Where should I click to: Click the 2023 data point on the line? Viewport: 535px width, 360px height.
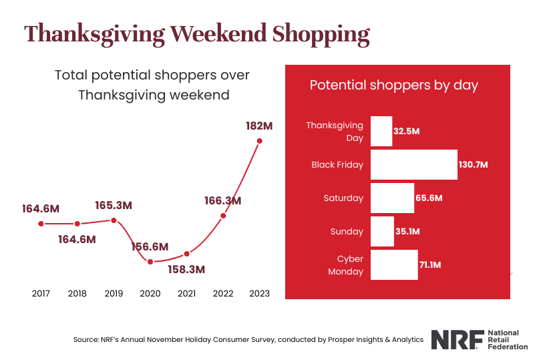tap(260, 141)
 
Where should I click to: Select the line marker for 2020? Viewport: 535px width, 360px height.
tap(150, 261)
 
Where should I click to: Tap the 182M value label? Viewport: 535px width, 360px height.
tap(260, 125)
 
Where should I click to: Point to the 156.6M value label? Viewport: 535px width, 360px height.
tap(149, 246)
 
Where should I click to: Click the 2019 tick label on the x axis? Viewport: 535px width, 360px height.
tap(114, 294)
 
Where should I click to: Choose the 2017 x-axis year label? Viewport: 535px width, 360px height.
tap(41, 294)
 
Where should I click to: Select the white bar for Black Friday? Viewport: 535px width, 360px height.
tap(413, 164)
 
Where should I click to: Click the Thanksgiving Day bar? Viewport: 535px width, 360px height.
tap(381, 131)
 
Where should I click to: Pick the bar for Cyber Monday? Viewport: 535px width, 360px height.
tap(394, 265)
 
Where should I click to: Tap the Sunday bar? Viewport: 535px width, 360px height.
tap(382, 232)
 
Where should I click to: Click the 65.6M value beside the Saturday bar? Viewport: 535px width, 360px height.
tap(429, 198)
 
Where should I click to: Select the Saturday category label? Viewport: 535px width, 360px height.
tap(343, 198)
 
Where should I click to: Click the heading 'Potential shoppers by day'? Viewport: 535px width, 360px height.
tap(394, 85)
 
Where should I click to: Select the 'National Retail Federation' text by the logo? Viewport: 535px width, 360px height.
tap(508, 339)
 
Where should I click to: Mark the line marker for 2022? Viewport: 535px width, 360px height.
tap(223, 215)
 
